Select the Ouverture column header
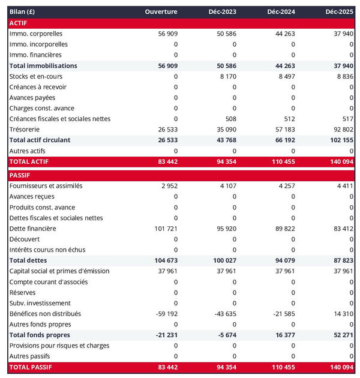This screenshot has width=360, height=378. [x=161, y=12]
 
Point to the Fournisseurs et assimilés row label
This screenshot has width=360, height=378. [x=46, y=186]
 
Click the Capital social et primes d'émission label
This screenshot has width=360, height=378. [x=59, y=271]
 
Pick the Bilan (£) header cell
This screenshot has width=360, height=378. [x=23, y=12]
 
